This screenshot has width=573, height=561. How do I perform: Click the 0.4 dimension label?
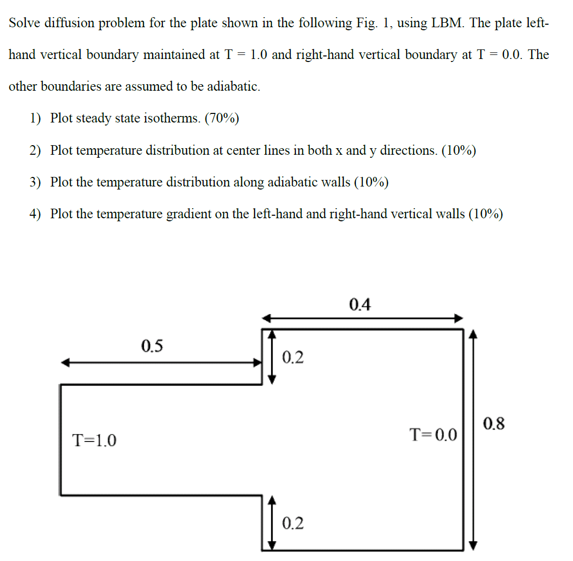(x=359, y=304)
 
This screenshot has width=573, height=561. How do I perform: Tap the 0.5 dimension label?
(x=152, y=346)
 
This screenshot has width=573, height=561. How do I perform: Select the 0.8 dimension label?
(x=493, y=423)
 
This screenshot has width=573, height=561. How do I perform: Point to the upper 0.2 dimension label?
(x=292, y=357)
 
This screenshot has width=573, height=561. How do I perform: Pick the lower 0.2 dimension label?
(x=292, y=523)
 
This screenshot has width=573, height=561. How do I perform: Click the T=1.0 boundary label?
(x=94, y=441)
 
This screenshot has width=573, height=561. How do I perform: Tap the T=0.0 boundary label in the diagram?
(x=433, y=434)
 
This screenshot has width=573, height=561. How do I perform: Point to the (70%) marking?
(x=222, y=118)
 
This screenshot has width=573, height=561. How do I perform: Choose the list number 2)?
(x=35, y=150)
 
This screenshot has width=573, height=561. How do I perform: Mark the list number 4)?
(x=35, y=214)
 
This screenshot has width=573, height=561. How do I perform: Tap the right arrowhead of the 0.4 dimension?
(x=459, y=318)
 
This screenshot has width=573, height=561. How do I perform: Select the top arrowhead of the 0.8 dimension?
(x=472, y=334)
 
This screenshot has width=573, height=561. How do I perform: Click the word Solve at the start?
(x=24, y=23)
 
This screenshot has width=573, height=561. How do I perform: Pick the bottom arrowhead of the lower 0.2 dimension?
(x=272, y=545)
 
